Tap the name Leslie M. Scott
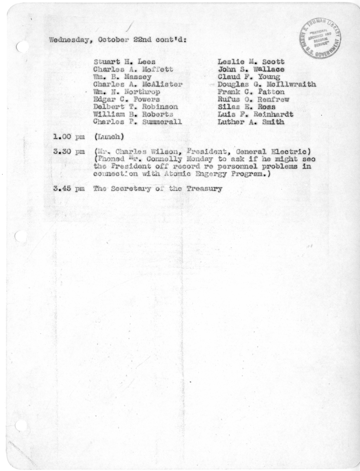tap(251, 62)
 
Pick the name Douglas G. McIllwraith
tap(266, 84)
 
